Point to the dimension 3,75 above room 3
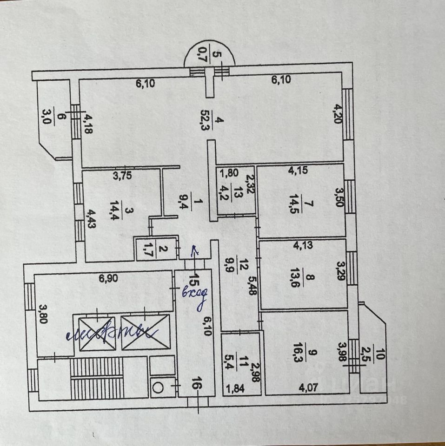(x=122, y=176)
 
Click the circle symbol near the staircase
(x=157, y=385)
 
